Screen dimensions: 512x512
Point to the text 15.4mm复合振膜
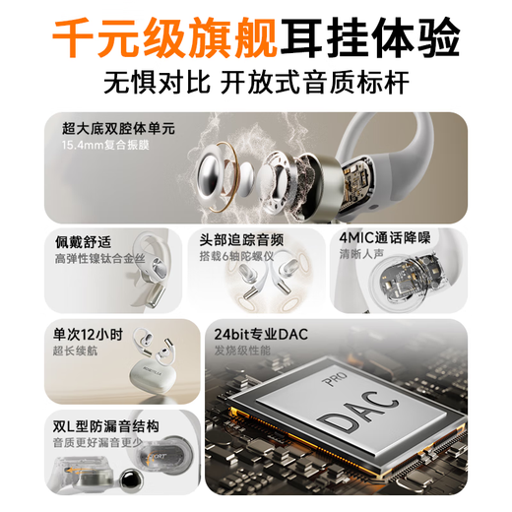tap(101, 145)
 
